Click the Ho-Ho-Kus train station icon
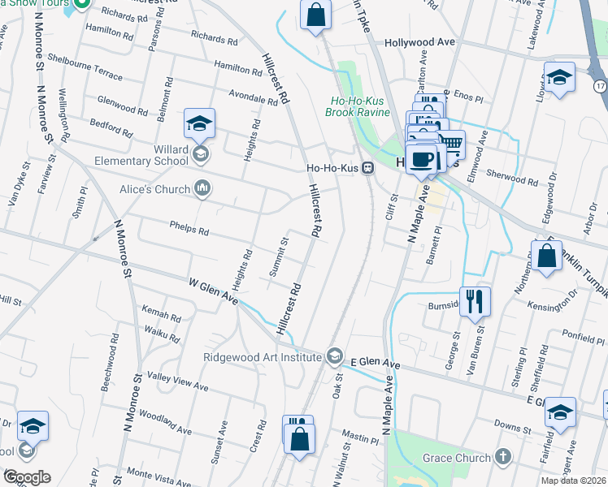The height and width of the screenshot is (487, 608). tap(368, 168)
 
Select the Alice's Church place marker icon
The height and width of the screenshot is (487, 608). tap(203, 189)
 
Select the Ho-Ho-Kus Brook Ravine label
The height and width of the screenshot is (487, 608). tap(360, 106)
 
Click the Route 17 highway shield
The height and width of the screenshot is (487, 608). tap(599, 85)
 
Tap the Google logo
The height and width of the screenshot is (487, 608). tap(26, 477)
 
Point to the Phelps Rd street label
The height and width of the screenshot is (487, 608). tap(189, 230)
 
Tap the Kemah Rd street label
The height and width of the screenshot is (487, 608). tap(160, 314)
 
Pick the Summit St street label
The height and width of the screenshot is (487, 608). tap(280, 256)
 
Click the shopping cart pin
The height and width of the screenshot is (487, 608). tap(450, 145)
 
